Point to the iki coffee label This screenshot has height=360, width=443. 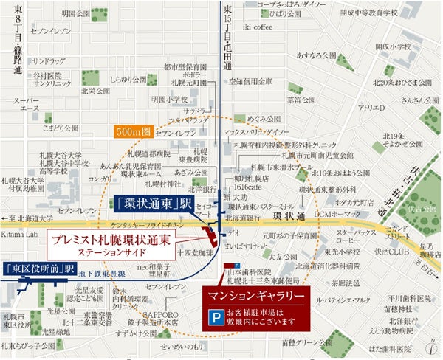[258, 27]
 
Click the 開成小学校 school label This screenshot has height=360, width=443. [392, 46]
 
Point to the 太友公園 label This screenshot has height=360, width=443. [283, 256]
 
